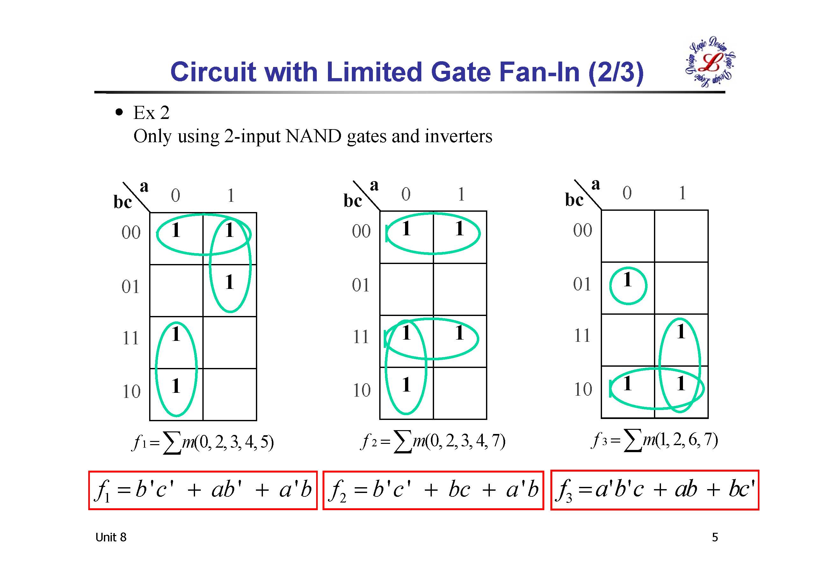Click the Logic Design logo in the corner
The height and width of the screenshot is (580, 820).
tap(710, 62)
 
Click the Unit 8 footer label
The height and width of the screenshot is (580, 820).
tap(111, 537)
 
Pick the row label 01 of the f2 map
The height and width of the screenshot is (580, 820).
tap(361, 285)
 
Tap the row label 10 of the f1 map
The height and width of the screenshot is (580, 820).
tap(131, 392)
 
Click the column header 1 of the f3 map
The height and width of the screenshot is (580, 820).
tap(682, 193)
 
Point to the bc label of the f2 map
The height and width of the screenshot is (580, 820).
tap(352, 201)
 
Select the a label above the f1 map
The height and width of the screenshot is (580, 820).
tap(144, 186)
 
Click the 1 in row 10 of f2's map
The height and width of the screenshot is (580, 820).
tap(406, 385)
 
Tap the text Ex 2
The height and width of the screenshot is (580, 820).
tap(151, 113)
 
